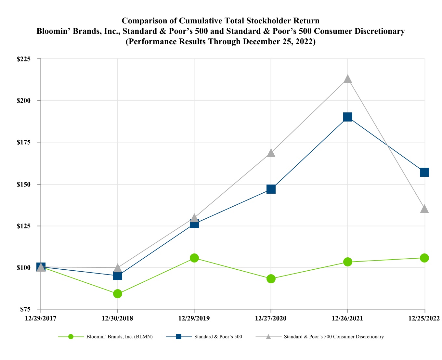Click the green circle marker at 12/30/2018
tap(118, 294)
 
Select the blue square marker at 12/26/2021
tap(348, 117)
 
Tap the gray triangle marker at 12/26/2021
tap(348, 79)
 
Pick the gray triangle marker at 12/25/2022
tap(424, 209)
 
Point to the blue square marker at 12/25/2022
tap(424, 172)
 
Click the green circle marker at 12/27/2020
tap(271, 279)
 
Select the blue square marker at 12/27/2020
tap(271, 189)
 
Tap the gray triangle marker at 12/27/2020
tap(271, 153)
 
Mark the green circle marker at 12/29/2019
tap(194, 258)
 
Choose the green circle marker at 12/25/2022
tap(424, 258)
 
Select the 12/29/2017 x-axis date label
tap(41, 318)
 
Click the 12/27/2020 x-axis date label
tap(271, 318)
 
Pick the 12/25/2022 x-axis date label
tap(424, 318)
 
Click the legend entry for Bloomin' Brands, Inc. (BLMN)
tap(119, 337)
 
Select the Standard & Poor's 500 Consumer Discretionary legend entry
tap(333, 337)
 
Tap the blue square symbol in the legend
tap(179, 337)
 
